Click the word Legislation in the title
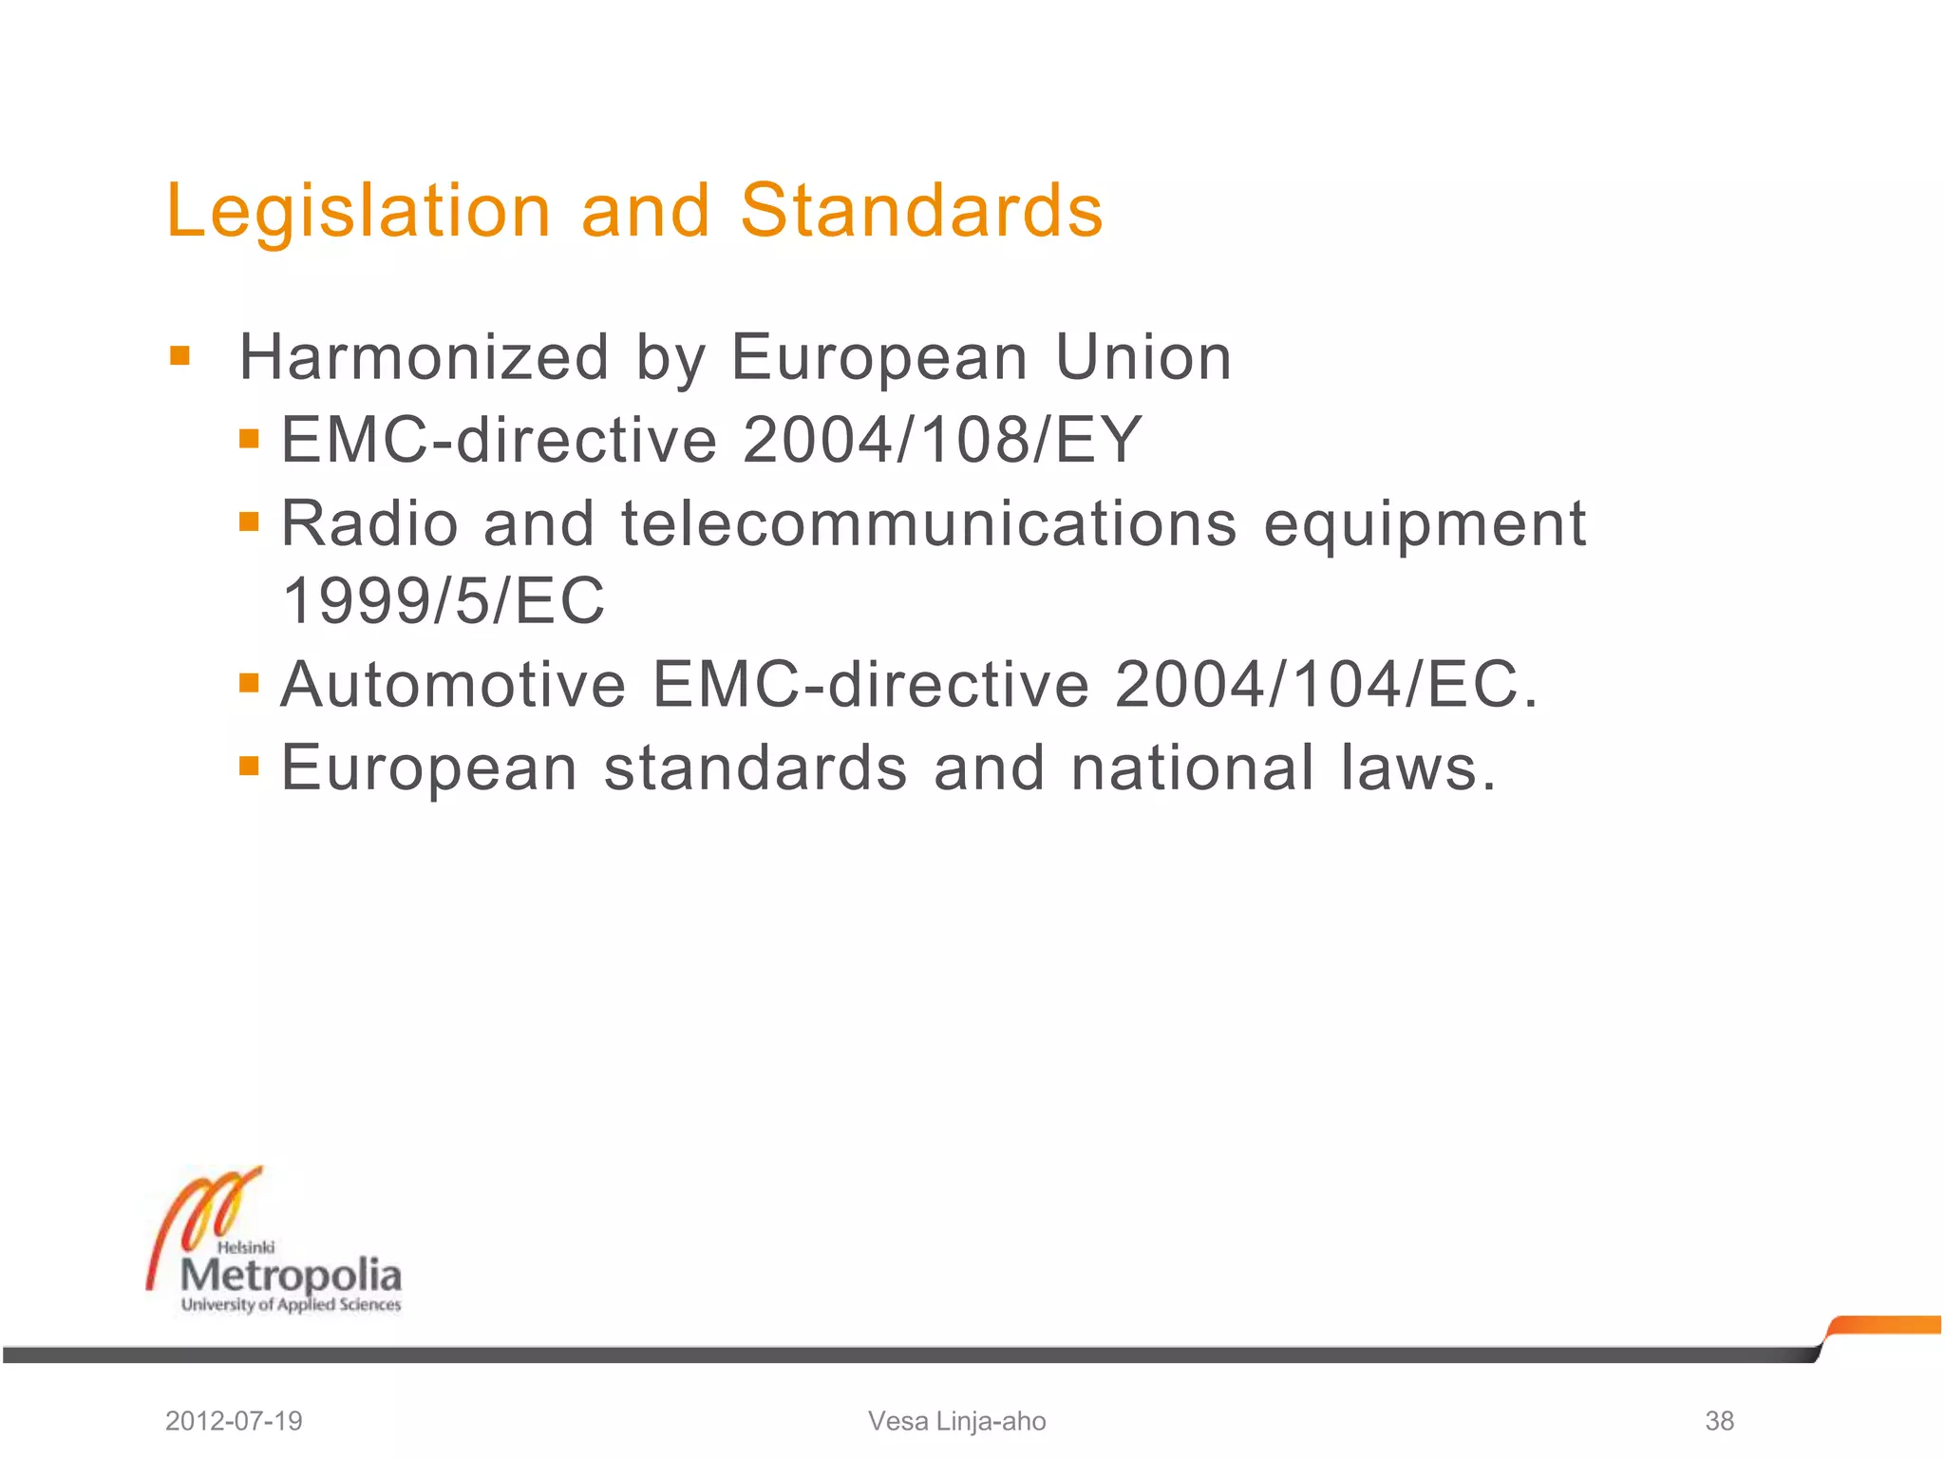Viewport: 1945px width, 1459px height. coord(358,211)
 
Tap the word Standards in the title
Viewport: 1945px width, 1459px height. coord(921,211)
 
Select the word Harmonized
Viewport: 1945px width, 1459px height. coord(424,358)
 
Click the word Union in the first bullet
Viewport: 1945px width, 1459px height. coord(1142,358)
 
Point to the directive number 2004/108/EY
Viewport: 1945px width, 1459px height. coord(942,440)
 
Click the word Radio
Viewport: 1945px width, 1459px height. coord(370,523)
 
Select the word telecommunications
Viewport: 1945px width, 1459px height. coord(929,523)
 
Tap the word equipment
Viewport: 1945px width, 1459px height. coord(1425,523)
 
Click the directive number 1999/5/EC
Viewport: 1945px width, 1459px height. coord(444,601)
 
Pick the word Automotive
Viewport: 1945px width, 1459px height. coord(453,684)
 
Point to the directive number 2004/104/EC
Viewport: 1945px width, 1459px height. coord(1325,684)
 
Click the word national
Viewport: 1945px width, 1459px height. coord(1193,767)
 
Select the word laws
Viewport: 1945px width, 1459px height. coord(1418,767)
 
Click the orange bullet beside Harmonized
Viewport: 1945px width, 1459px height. coord(179,357)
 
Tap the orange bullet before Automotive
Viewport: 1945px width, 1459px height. coord(249,683)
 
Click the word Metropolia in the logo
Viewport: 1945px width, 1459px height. coord(291,1275)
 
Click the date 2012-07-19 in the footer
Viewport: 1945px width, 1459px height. coord(234,1421)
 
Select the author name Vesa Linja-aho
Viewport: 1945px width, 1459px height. coord(956,1421)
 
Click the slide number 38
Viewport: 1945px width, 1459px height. coord(1719,1421)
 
